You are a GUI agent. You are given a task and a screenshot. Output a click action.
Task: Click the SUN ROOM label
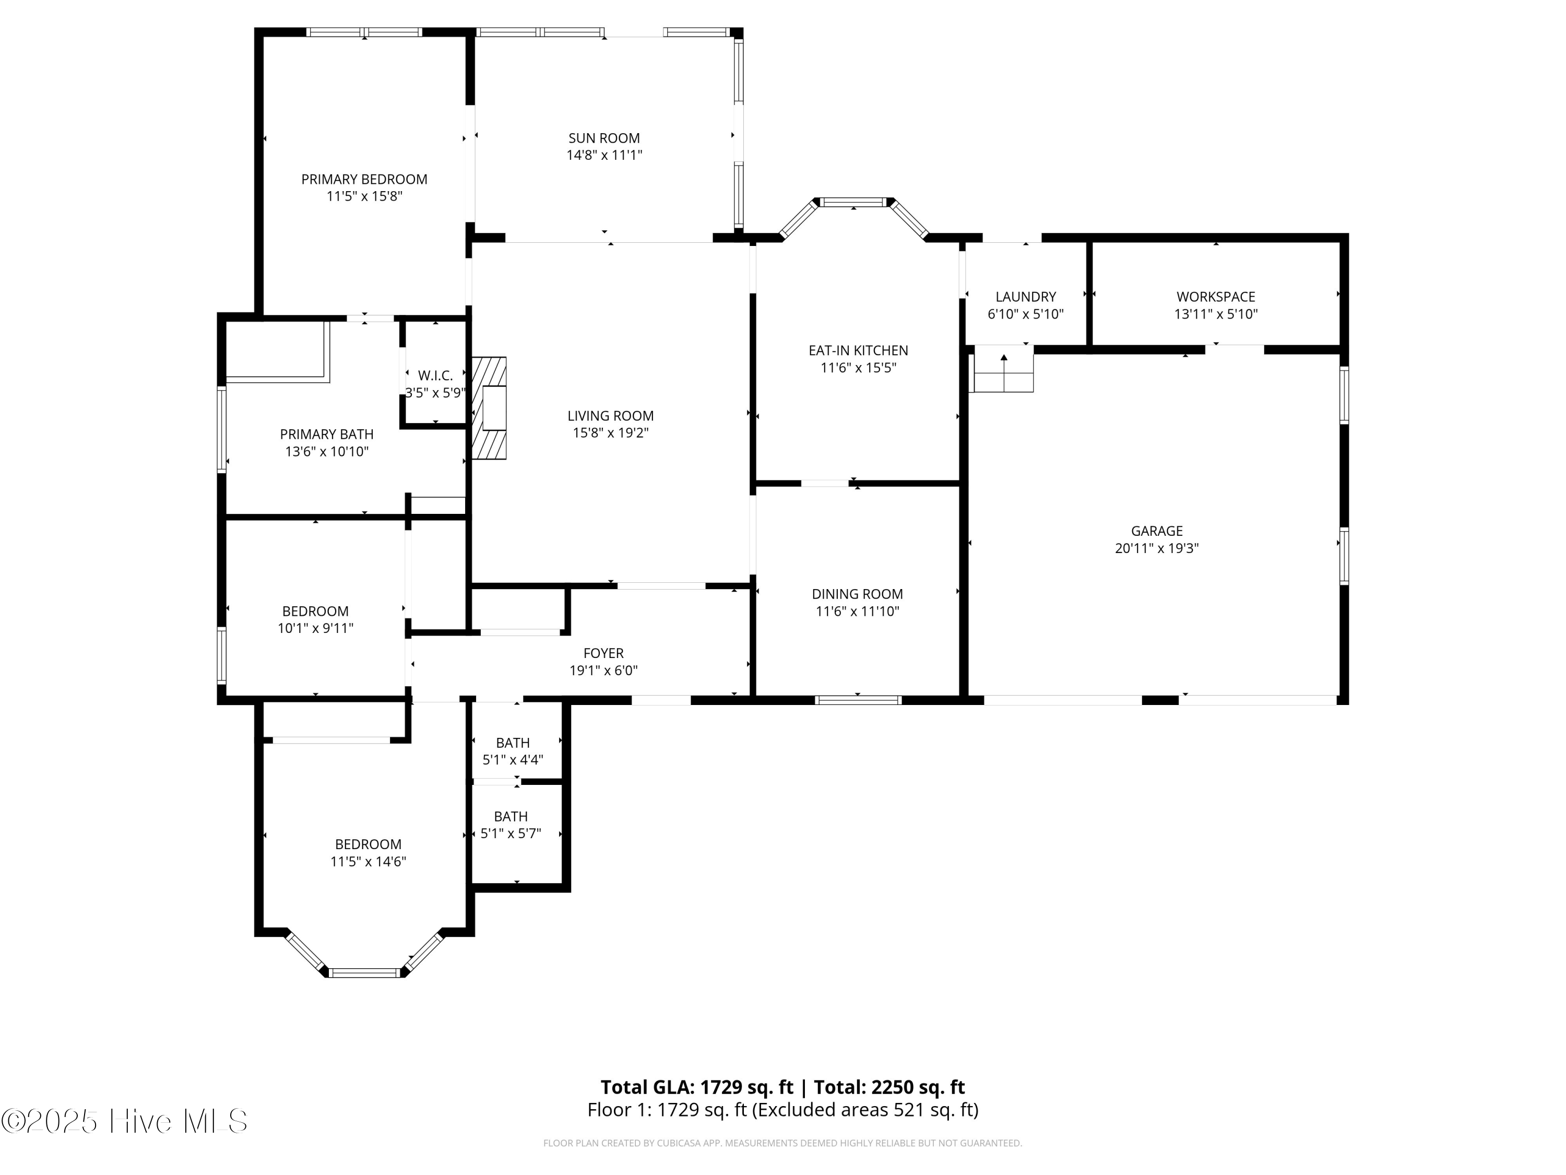tap(604, 138)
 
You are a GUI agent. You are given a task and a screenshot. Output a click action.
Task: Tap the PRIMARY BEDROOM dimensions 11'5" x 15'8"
tap(364, 196)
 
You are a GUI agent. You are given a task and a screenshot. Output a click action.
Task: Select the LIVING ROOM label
tap(610, 416)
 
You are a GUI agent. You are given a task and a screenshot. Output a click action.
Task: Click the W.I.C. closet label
tap(435, 375)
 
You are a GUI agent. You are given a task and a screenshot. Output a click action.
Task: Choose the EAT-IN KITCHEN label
tap(858, 350)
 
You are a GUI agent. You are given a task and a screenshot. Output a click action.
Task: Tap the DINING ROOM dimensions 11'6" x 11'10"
tap(857, 611)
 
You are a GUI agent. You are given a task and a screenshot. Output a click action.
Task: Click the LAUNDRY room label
tap(1025, 297)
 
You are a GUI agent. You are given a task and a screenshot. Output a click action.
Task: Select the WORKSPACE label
tap(1216, 297)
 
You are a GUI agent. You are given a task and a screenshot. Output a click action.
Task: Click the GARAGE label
tap(1156, 531)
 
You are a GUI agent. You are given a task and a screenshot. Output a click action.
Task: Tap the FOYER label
tap(603, 653)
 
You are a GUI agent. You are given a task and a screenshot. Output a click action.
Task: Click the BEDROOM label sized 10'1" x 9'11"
tap(315, 611)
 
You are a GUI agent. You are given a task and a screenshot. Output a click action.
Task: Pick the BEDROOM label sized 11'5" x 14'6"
tap(367, 844)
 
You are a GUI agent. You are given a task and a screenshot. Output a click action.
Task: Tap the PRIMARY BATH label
tap(326, 434)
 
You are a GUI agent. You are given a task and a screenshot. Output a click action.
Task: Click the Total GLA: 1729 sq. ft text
tap(697, 1086)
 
